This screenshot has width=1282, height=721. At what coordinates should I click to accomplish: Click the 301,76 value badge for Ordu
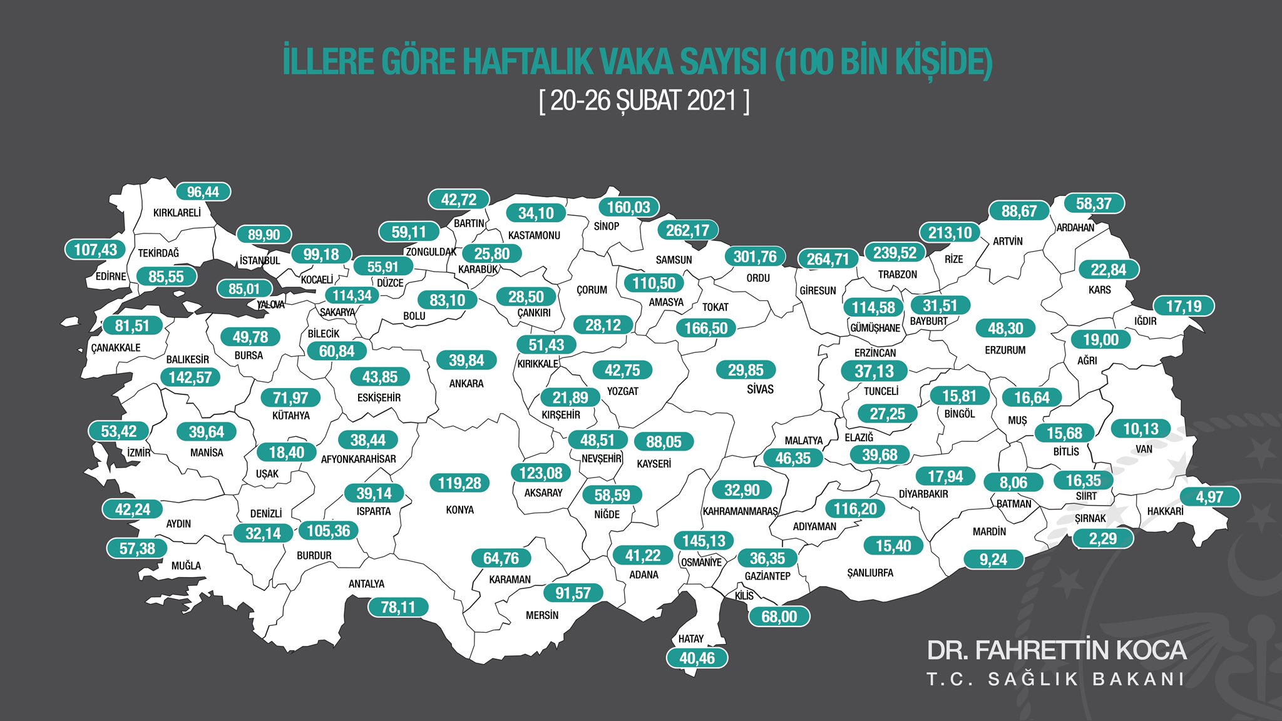pyautogui.click(x=755, y=257)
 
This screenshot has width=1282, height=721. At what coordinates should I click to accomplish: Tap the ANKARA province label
pyautogui.click(x=466, y=384)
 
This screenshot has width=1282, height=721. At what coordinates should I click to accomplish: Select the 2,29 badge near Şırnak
pyautogui.click(x=1102, y=539)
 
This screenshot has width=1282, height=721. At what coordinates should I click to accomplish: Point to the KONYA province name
pyautogui.click(x=459, y=510)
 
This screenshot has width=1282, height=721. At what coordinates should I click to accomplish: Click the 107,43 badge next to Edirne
pyautogui.click(x=95, y=250)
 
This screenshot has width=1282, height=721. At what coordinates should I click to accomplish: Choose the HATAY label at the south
pyautogui.click(x=690, y=639)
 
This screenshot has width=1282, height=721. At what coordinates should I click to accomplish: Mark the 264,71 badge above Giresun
pyautogui.click(x=828, y=259)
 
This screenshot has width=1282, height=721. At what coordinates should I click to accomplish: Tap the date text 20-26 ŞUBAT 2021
pyautogui.click(x=644, y=101)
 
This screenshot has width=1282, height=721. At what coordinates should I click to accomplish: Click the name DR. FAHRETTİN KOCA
pyautogui.click(x=1056, y=651)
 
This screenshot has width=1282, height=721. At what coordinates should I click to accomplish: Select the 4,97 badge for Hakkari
pyautogui.click(x=1209, y=498)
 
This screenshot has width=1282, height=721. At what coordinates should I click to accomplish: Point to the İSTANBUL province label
pyautogui.click(x=260, y=260)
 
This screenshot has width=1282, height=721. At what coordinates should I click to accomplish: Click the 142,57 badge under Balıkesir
pyautogui.click(x=190, y=377)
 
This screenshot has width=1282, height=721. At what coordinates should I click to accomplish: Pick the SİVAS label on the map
pyautogui.click(x=760, y=389)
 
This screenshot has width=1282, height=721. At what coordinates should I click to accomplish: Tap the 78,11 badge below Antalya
pyautogui.click(x=398, y=607)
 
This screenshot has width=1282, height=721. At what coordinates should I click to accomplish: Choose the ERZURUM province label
pyautogui.click(x=1005, y=350)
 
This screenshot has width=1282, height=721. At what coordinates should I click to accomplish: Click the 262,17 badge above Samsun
pyautogui.click(x=687, y=230)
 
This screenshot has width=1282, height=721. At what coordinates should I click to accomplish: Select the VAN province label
pyautogui.click(x=1144, y=449)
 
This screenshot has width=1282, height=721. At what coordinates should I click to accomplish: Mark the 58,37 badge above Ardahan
pyautogui.click(x=1094, y=204)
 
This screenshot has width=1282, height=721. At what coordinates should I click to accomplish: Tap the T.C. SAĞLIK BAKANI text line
pyautogui.click(x=1056, y=680)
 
